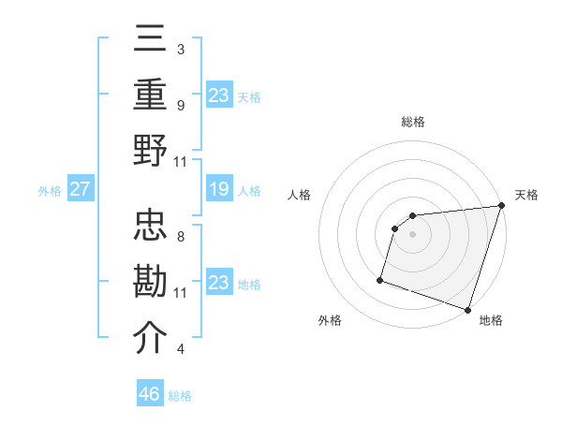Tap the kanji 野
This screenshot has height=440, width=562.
coord(151,150)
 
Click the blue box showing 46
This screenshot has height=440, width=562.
coord(150,394)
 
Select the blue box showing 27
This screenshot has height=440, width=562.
coord(80,190)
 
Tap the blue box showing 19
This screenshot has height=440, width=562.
coord(219,190)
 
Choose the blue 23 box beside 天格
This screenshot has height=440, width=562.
coord(219,95)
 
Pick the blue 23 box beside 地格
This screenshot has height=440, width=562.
coord(219,283)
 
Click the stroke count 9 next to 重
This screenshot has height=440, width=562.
coord(180,105)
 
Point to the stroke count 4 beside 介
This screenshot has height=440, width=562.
coord(180,349)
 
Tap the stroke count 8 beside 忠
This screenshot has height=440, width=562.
coord(180,237)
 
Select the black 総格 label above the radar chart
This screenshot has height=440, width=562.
coord(412,122)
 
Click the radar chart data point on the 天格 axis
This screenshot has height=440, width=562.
coord(501,207)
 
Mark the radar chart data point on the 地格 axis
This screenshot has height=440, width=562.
coord(468,310)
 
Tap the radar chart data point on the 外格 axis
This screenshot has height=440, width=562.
coord(380,279)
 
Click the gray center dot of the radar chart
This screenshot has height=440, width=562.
coord(412,235)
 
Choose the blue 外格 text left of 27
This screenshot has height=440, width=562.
coord(50,191)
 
